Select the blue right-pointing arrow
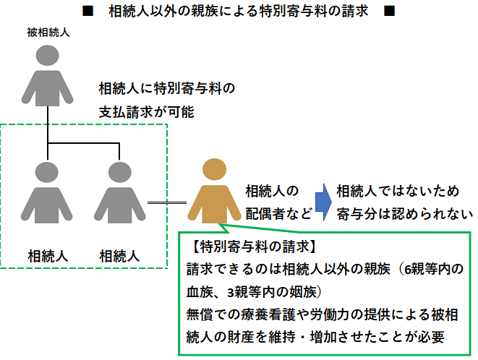click(323, 202)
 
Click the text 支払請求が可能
click(147, 113)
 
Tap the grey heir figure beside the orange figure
click(118, 195)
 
